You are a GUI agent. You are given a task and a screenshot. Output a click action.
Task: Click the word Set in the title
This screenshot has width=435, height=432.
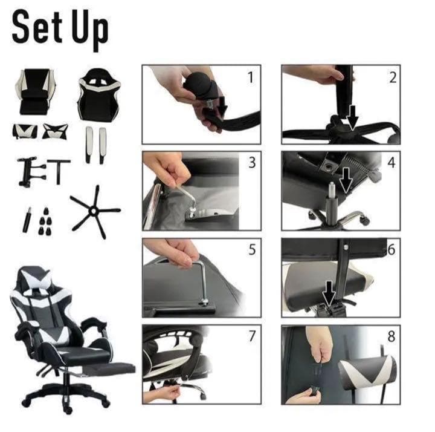pos(37,28)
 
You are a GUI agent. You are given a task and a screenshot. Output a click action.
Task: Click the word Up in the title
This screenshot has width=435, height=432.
pos(90,31)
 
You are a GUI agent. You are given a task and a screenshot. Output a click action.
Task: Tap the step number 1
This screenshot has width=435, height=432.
pos(251,77)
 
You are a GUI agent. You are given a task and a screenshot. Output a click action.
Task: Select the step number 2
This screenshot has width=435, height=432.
pos(393,77)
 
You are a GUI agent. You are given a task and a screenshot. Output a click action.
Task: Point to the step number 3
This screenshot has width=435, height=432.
pos(252,163)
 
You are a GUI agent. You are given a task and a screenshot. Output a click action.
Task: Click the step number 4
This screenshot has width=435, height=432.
pos(391,163)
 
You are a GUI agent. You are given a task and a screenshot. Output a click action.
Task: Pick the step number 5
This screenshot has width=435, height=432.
pos(252,249)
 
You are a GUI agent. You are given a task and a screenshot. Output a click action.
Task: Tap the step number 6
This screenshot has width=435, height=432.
pos(391,249)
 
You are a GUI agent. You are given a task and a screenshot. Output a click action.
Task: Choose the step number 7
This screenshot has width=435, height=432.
pos(252,336)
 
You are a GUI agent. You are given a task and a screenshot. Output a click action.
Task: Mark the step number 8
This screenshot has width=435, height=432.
pos(391,336)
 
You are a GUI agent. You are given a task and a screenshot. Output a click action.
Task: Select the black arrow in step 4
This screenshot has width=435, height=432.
pos(346,180)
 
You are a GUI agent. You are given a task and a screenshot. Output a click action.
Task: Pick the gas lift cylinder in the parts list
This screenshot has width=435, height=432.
pos(27,220)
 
